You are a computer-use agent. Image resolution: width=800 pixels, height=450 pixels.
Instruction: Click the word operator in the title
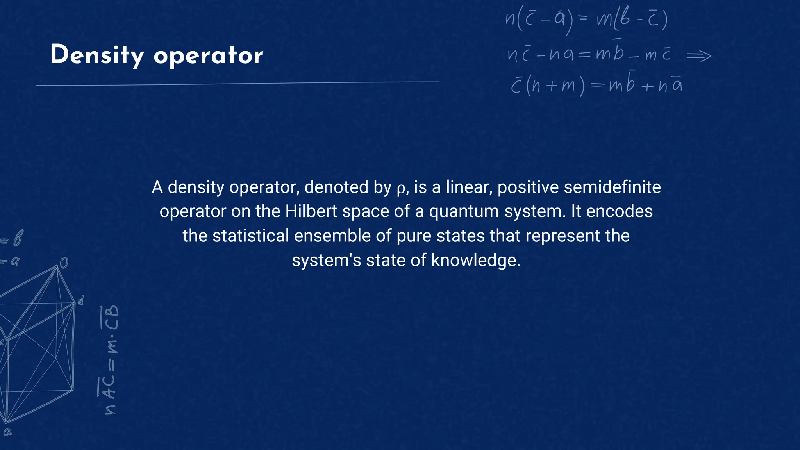pos(208,56)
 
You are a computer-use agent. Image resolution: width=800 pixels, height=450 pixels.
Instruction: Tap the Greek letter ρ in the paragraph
pos(401,189)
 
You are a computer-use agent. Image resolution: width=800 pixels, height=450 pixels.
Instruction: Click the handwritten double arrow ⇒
pos(699,56)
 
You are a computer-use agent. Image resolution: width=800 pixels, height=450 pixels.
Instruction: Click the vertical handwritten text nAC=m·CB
pos(109,360)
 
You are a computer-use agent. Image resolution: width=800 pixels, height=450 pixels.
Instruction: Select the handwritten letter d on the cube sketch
pos(80,301)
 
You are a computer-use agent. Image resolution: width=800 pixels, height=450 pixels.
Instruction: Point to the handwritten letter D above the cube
pos(64,263)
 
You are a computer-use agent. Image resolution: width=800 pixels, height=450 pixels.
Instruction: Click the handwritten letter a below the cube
pos(7,432)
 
